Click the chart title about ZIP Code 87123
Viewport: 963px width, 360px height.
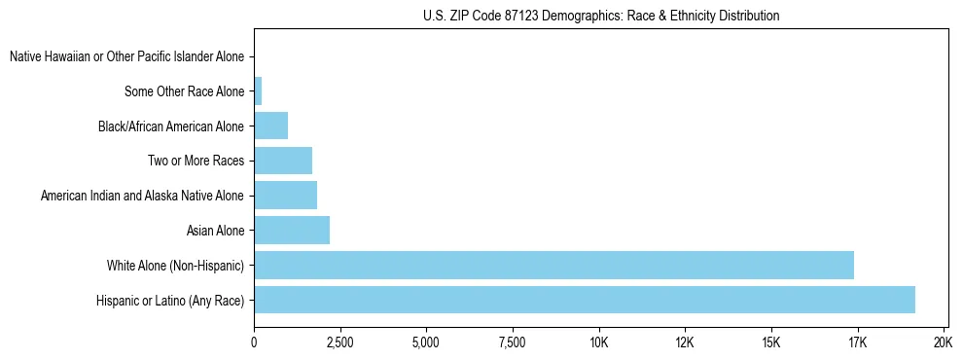point(601,16)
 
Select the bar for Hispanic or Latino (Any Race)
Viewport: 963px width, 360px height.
point(584,300)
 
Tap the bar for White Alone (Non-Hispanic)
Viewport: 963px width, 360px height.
point(553,265)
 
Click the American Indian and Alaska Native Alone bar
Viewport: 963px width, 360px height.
point(285,196)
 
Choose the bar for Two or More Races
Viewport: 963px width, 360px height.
point(283,161)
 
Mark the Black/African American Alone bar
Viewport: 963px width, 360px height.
point(270,126)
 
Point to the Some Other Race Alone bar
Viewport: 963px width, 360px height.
point(258,92)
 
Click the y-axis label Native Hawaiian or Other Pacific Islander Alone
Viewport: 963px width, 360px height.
point(126,57)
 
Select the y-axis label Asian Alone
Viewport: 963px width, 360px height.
point(215,231)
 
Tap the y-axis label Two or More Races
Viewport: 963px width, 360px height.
point(196,161)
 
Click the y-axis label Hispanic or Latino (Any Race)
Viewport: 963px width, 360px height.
point(170,300)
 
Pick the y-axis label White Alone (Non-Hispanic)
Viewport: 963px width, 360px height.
point(175,265)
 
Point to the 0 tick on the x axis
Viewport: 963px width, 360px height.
point(254,342)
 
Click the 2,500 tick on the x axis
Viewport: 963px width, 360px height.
point(339,342)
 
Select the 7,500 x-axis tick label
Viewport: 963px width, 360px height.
point(512,342)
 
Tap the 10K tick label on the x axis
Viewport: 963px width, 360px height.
point(598,342)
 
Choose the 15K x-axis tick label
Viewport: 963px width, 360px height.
point(770,342)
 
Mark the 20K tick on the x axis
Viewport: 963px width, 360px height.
point(943,342)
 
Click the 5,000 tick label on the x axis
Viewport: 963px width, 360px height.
point(426,342)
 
